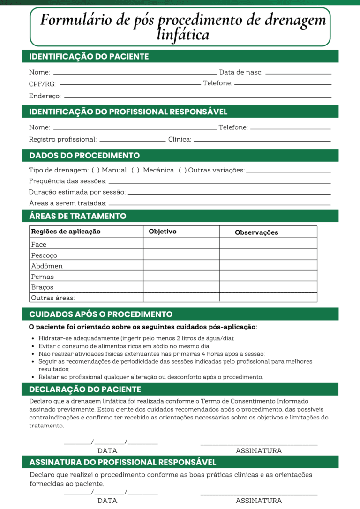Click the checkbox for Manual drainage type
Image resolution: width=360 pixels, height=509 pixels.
[x=95, y=170]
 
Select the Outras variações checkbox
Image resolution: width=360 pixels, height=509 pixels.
[x=183, y=170]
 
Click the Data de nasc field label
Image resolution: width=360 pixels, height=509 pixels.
[x=240, y=72]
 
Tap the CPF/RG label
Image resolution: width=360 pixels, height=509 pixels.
[x=42, y=84]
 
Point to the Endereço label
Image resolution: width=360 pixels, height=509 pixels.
[x=45, y=96]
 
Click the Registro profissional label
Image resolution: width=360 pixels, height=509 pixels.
[x=63, y=139]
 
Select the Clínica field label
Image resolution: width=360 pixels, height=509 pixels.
[x=180, y=139]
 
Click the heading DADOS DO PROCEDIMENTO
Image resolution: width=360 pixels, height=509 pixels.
[x=84, y=156]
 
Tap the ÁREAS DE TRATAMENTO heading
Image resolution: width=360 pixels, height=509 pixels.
[x=77, y=216]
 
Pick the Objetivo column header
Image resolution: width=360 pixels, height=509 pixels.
[x=162, y=232]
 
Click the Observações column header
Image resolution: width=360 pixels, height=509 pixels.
[x=256, y=232]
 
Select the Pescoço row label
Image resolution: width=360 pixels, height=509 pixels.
[x=44, y=255]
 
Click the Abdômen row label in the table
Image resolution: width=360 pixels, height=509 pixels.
[x=47, y=266]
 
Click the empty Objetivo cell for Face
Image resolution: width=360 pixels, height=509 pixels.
[x=181, y=244]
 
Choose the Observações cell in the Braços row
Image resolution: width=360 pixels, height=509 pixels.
[x=268, y=287]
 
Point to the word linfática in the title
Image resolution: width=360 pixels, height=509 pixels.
[x=183, y=35]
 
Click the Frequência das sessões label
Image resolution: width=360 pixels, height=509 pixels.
[x=67, y=181]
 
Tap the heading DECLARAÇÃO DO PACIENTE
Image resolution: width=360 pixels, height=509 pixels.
[x=85, y=389]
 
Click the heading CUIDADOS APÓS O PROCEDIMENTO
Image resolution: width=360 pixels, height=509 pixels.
[x=101, y=314]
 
